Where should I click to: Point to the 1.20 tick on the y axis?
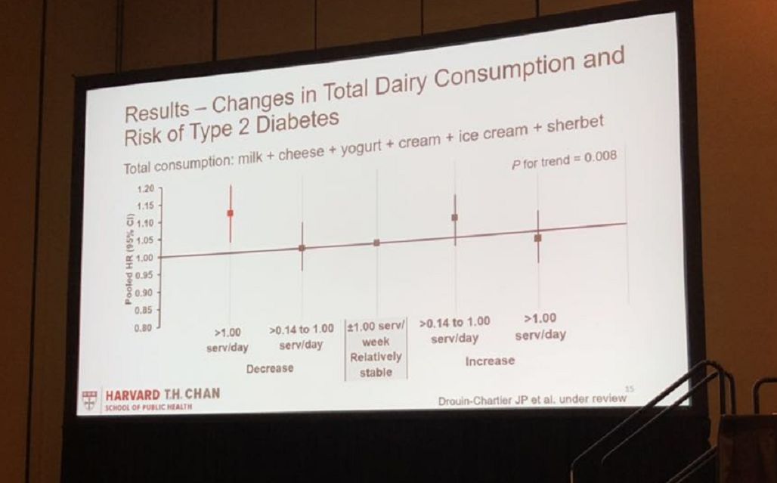pyautogui.click(x=145, y=189)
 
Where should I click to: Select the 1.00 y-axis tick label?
pyautogui.click(x=144, y=258)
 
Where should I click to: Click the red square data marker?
pyautogui.click(x=230, y=213)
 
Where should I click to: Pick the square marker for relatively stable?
pyautogui.click(x=376, y=243)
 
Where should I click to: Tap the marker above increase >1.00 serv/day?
pyautogui.click(x=537, y=237)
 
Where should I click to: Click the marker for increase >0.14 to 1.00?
pyautogui.click(x=454, y=217)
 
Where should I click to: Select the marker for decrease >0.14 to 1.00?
pyautogui.click(x=302, y=247)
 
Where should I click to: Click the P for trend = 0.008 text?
pyautogui.click(x=564, y=159)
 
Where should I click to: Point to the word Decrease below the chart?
pyautogui.click(x=270, y=368)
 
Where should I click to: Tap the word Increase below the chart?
pyautogui.click(x=489, y=361)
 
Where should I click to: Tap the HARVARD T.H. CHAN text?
pyautogui.click(x=163, y=395)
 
